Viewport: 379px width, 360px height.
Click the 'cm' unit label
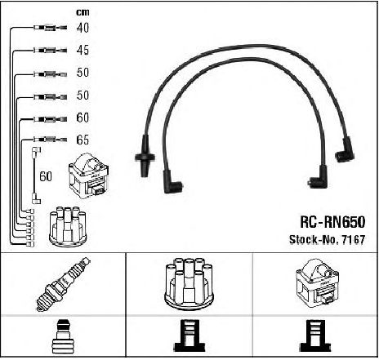click(x=82, y=12)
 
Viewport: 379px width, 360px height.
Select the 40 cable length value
click(x=82, y=28)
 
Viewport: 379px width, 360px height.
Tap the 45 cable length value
click(x=82, y=50)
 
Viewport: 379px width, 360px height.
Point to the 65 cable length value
click(x=82, y=140)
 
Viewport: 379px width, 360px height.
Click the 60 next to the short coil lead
click(x=46, y=176)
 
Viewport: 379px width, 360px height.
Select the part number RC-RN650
click(x=332, y=222)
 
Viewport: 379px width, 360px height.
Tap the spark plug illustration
click(x=63, y=284)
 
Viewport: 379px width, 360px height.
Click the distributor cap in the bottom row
click(x=189, y=284)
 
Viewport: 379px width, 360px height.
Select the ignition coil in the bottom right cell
click(x=317, y=283)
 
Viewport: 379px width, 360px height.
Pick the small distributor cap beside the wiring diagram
click(x=68, y=227)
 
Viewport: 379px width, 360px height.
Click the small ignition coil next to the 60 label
click(x=88, y=176)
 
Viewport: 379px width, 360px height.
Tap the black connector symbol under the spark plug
click(x=63, y=337)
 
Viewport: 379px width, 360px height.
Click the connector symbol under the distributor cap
click(x=189, y=336)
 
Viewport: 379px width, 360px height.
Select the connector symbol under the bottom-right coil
click(x=316, y=336)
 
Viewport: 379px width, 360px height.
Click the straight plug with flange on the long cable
click(x=145, y=156)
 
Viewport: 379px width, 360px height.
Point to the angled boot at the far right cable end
click(x=345, y=150)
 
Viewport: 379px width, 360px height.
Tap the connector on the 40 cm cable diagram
click(x=50, y=28)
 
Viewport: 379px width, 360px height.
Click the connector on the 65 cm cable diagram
click(x=50, y=140)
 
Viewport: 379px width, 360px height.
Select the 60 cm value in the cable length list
click(x=82, y=118)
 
